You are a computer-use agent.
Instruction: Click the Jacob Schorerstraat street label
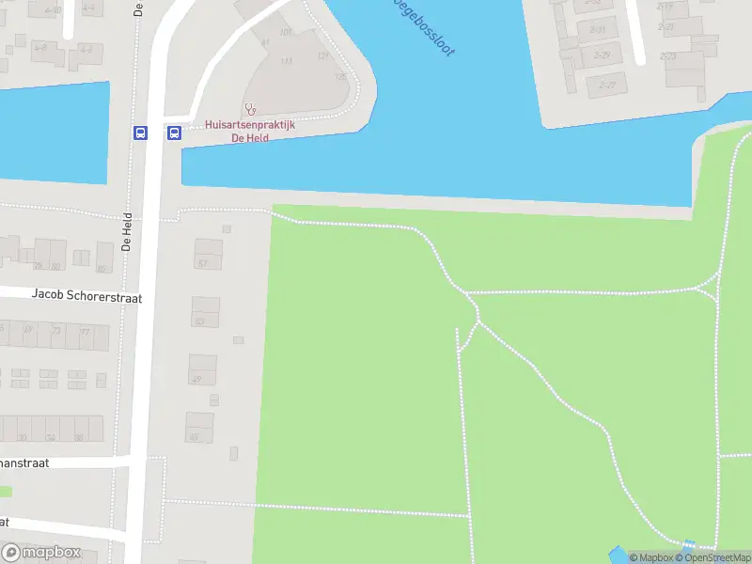coord(86,295)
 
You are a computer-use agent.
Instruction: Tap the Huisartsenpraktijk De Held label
coord(250,131)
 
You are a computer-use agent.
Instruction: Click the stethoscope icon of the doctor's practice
coord(250,109)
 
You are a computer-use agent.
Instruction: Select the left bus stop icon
coord(140,133)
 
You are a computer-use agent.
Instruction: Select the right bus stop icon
coord(174,133)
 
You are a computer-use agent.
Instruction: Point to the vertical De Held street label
coord(127,230)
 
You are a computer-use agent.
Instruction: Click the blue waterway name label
coord(424,26)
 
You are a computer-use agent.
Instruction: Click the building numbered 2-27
coord(607,85)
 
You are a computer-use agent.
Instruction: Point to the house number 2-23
coord(668,56)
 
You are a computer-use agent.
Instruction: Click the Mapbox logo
coord(41,553)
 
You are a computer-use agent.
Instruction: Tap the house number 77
coord(86,332)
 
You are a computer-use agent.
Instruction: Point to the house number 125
coord(340,76)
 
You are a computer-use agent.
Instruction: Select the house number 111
coord(287,61)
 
